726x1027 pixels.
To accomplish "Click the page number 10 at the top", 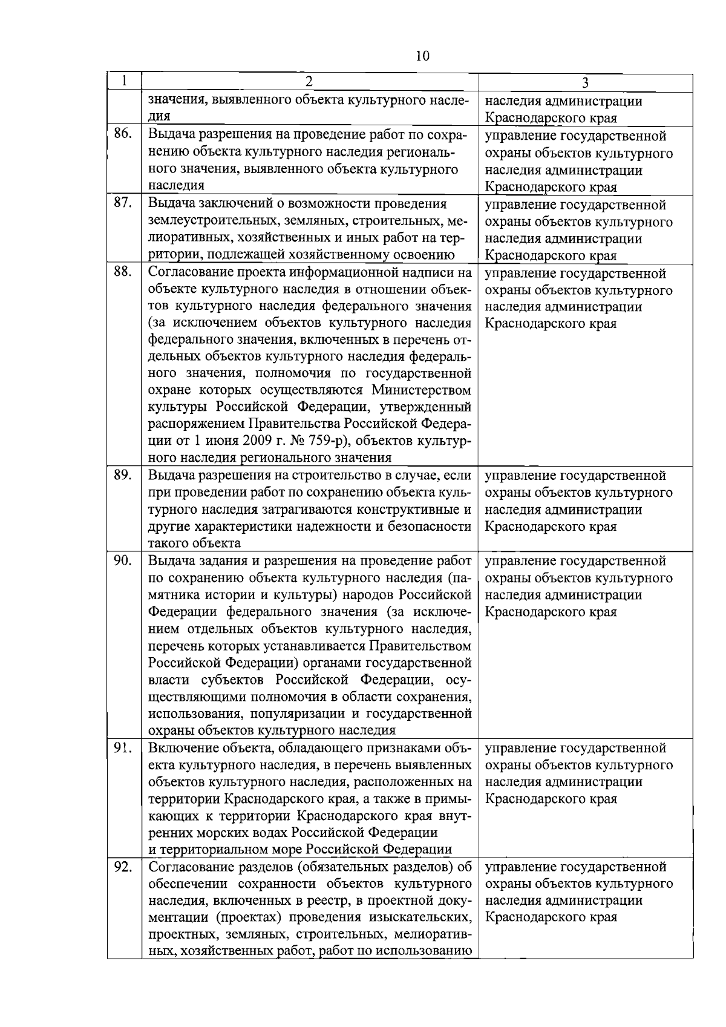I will [423, 57].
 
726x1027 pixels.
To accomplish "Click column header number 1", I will [124, 81].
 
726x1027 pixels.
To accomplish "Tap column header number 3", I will [585, 84].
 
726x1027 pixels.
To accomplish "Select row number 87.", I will [123, 203].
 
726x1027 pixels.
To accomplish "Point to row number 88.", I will [123, 272].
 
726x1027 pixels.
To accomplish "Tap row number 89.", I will [123, 475].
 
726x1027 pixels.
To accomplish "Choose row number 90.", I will [123, 560].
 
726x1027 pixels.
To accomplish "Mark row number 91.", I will [123, 748].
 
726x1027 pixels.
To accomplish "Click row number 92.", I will [123, 867].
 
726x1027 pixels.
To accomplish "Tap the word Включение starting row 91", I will [182, 748].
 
